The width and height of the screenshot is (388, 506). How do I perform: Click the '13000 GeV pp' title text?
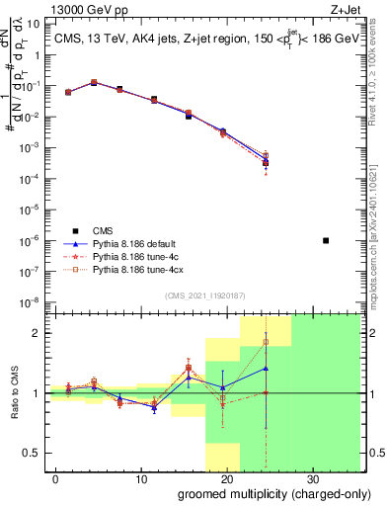pyautogui.click(x=90, y=9)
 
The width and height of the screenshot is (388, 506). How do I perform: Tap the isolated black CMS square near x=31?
pyautogui.click(x=326, y=240)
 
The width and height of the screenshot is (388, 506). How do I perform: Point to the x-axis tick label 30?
pyautogui.click(x=311, y=479)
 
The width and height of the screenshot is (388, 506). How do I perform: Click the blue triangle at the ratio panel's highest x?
pyautogui.click(x=266, y=369)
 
